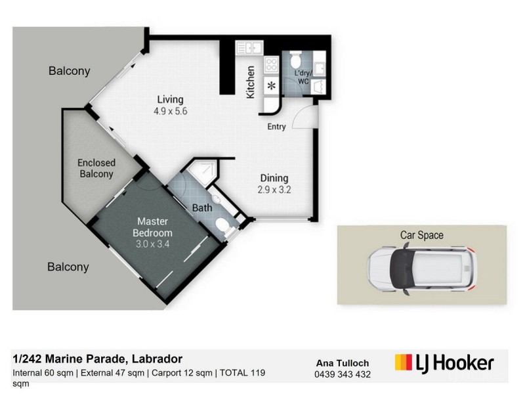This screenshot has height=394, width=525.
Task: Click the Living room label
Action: (169, 100)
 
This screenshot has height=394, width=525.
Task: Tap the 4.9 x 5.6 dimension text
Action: (171, 112)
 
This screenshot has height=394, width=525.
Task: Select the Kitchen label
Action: (250, 82)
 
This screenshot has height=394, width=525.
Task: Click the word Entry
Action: (276, 127)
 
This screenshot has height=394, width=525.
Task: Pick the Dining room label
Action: (274, 179)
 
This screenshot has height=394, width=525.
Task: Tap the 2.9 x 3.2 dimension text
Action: (275, 190)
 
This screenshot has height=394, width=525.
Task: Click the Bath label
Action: (201, 208)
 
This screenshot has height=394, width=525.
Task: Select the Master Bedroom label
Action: (152, 227)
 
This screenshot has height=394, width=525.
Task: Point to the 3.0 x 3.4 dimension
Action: (152, 244)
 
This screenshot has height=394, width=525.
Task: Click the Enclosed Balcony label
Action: (96, 168)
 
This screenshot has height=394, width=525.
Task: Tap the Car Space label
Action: (422, 234)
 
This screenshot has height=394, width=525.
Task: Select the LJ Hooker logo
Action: (444, 362)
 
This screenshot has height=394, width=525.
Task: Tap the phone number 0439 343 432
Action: (343, 374)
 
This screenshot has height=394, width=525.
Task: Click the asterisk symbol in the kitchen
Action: (270, 86)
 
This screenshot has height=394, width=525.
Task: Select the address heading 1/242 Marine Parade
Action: (98, 359)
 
